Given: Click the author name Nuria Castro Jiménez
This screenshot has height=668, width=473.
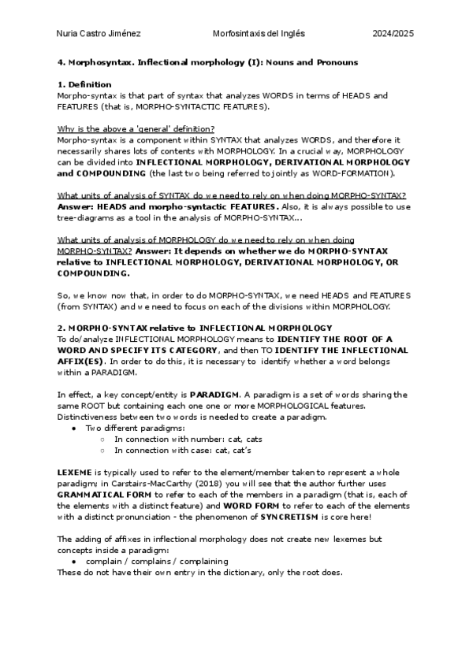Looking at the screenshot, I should [97, 34].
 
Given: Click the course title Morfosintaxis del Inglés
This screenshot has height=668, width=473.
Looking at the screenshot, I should [259, 34].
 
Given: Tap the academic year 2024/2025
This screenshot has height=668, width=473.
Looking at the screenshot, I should [393, 34].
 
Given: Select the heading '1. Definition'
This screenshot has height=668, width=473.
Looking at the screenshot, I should [84, 84].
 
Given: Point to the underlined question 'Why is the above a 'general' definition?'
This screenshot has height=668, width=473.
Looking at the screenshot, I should [136, 129].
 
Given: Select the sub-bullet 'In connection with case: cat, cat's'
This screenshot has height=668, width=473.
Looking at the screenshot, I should [183, 450].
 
